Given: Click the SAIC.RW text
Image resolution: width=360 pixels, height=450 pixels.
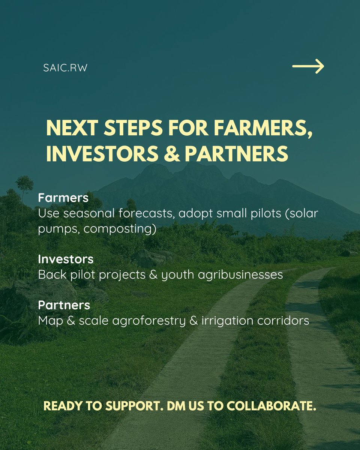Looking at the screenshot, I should [x=65, y=69].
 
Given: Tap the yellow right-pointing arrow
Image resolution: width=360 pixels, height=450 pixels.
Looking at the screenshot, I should [x=308, y=66].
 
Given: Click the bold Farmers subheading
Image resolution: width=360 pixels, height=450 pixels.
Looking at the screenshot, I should [x=63, y=198].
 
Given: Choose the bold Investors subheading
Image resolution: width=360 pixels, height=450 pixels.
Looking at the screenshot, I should [x=66, y=259].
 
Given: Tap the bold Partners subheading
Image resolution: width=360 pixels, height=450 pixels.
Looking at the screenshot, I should [x=64, y=305].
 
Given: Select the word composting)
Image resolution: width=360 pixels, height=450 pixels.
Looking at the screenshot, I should [x=120, y=229].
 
